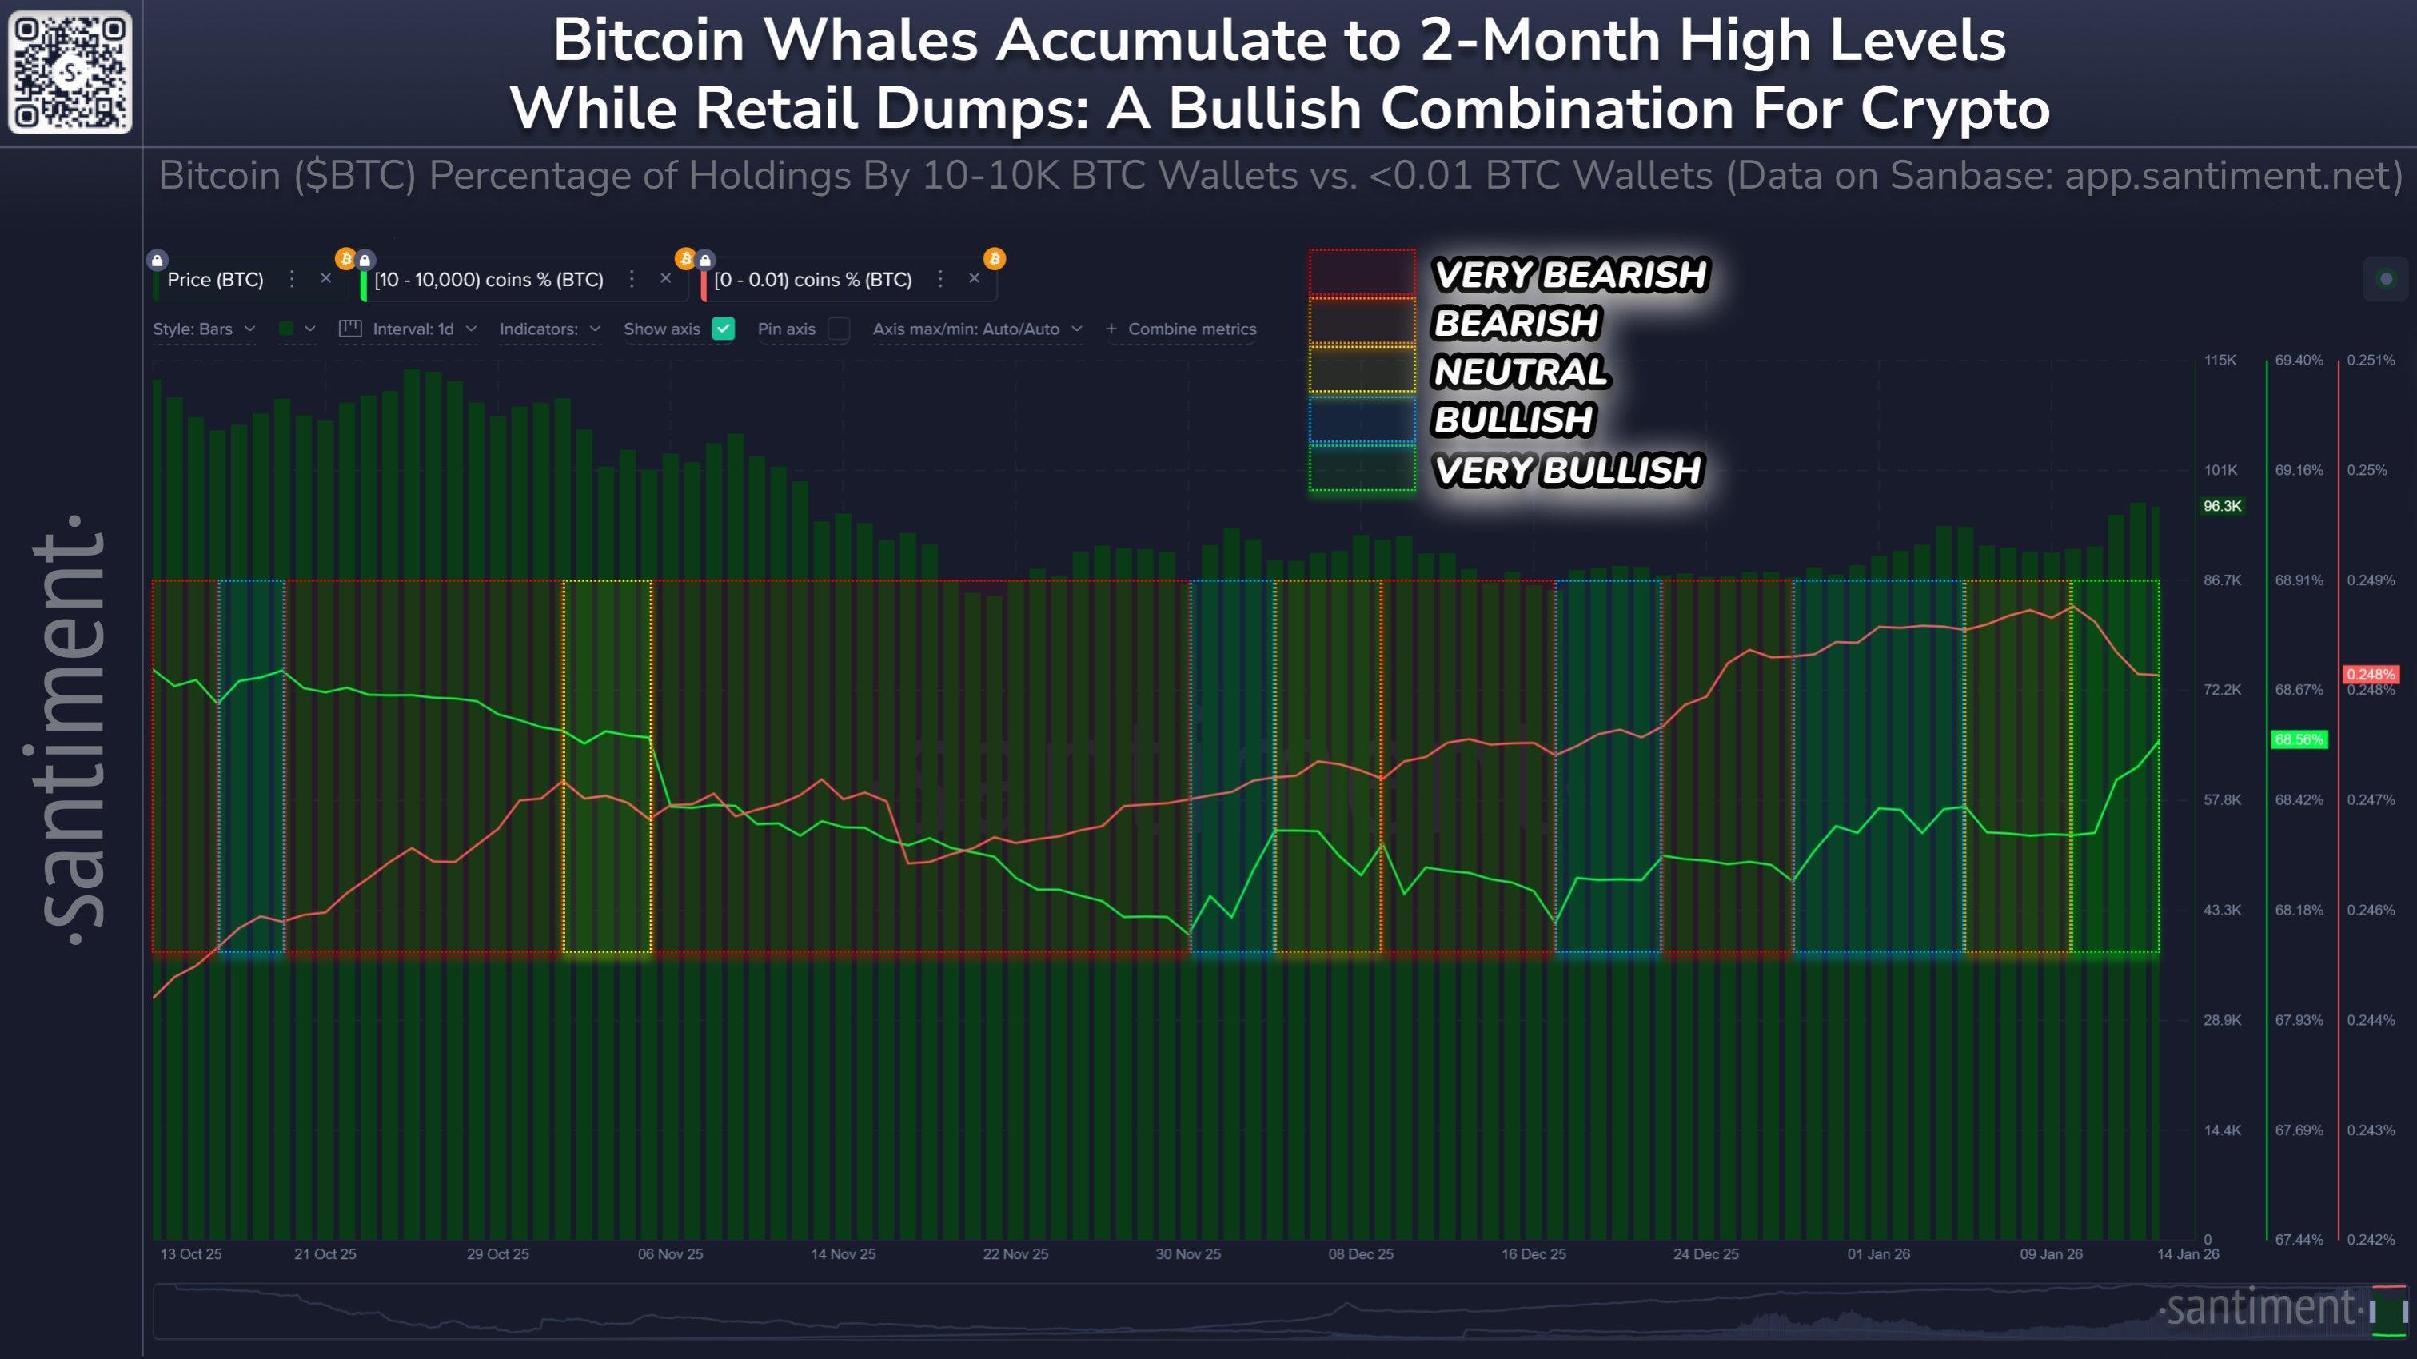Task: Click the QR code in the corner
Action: [70, 72]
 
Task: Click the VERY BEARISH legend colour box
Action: [1362, 274]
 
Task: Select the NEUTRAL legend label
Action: [1520, 372]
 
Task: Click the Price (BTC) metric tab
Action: [215, 280]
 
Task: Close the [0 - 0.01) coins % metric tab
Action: [974, 278]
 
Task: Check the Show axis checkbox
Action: [723, 329]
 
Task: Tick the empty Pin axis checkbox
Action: [839, 329]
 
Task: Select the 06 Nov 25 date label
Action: [670, 1254]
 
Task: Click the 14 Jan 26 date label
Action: [2187, 1254]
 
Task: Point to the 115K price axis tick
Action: [2220, 361]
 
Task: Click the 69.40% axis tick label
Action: [2299, 361]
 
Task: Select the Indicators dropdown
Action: [549, 329]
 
